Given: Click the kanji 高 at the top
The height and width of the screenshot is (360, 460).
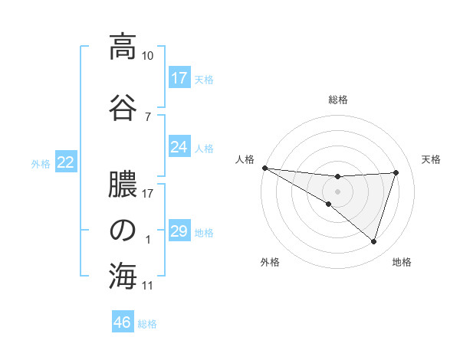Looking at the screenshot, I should (x=123, y=47).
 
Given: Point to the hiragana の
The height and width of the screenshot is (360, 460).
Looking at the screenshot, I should (x=123, y=231).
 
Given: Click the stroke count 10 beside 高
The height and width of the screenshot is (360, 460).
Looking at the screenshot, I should (x=148, y=56).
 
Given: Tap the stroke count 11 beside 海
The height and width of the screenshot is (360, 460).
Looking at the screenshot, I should (x=148, y=286).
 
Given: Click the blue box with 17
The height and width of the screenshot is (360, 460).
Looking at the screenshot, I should (x=179, y=77).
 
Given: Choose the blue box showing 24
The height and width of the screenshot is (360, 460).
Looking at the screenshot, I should (x=179, y=146).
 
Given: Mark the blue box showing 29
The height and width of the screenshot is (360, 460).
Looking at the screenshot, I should (x=179, y=231).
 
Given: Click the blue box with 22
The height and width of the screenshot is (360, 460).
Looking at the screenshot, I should (x=66, y=162).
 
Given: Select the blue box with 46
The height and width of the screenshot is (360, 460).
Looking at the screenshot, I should (x=123, y=322).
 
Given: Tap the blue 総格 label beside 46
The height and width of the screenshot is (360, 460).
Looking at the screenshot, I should (x=147, y=324).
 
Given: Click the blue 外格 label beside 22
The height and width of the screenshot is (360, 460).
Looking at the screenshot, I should (x=41, y=163).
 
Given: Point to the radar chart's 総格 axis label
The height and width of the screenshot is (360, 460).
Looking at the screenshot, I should (x=338, y=100).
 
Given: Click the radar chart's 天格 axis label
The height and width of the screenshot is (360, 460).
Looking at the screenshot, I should (x=432, y=159).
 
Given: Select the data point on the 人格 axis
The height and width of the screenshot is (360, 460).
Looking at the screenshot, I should (x=264, y=167).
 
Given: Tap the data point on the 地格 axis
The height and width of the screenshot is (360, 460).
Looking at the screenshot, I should (x=373, y=241).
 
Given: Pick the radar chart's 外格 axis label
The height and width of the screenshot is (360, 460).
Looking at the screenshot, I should (x=270, y=262).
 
